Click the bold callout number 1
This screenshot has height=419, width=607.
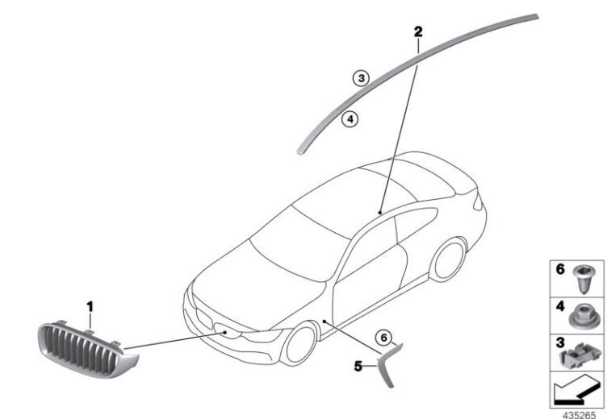coord(90,307)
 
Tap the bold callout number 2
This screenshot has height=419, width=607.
coord(418,31)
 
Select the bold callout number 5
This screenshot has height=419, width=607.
coord(358,366)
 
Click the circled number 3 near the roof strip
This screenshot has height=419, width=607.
coord(361,78)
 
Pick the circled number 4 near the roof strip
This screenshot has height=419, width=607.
coord(350,119)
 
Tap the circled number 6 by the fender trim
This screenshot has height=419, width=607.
coord(383,338)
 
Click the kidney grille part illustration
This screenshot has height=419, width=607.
coord(87,351)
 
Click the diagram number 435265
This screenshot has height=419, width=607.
coord(579,415)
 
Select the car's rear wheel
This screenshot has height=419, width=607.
coord(449,259)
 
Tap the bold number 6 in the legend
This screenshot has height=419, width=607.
coord(560,269)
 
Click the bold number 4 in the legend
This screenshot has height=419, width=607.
coord(560,307)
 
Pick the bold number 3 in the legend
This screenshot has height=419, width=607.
coord(560,342)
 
